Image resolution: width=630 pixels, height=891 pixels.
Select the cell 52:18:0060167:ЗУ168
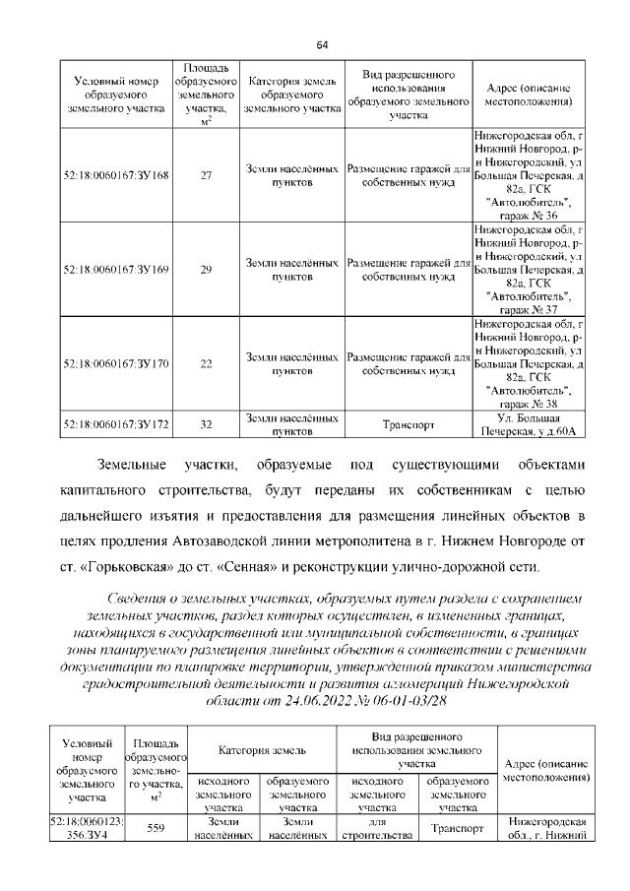(115, 175)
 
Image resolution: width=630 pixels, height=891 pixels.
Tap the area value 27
(206, 175)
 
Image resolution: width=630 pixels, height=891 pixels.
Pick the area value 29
(206, 269)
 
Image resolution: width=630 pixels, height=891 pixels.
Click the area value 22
(206, 363)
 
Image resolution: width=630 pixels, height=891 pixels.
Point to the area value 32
(206, 424)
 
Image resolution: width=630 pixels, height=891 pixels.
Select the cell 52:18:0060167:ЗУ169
(115, 269)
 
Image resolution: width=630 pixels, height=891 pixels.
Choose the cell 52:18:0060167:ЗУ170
(115, 363)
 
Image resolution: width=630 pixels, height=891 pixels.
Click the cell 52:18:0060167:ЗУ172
(115, 424)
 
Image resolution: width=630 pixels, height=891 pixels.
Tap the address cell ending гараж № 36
(529, 175)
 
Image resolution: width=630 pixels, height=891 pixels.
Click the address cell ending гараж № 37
(529, 269)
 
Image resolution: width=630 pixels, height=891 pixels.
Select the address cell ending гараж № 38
(529, 363)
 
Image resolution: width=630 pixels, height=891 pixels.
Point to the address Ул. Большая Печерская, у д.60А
(529, 424)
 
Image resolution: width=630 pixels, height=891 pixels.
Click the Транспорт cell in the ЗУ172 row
(408, 425)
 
